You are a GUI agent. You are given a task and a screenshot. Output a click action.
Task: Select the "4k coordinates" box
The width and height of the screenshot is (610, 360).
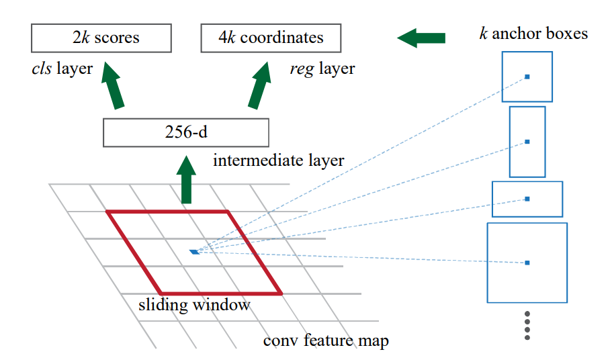(x=271, y=38)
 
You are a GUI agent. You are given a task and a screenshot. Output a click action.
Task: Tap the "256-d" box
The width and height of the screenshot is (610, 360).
(x=185, y=132)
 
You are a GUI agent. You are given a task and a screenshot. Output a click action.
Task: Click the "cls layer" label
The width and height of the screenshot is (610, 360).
(x=62, y=69)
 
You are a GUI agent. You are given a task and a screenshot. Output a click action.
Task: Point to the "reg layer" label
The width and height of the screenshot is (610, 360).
(x=322, y=69)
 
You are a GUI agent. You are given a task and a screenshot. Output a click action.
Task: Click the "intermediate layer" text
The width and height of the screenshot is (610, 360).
(x=278, y=161)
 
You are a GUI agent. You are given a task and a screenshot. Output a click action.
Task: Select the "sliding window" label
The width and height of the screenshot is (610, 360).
(x=194, y=305)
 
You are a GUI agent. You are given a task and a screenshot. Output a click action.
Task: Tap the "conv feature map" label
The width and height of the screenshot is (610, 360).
(x=326, y=340)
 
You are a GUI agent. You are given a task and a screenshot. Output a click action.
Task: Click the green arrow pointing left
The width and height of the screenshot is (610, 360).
(x=421, y=38)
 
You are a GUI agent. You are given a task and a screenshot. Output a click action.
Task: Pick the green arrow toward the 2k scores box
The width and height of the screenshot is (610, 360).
(x=116, y=86)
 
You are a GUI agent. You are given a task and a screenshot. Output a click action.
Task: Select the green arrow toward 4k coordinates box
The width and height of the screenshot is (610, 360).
(x=259, y=86)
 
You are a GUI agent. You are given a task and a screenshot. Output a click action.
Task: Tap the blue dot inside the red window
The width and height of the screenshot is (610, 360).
(x=194, y=252)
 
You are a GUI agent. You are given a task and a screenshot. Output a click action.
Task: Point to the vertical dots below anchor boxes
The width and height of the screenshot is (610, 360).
(x=527, y=326)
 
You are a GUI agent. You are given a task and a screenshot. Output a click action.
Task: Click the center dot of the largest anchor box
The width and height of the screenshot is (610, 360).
(x=527, y=263)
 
